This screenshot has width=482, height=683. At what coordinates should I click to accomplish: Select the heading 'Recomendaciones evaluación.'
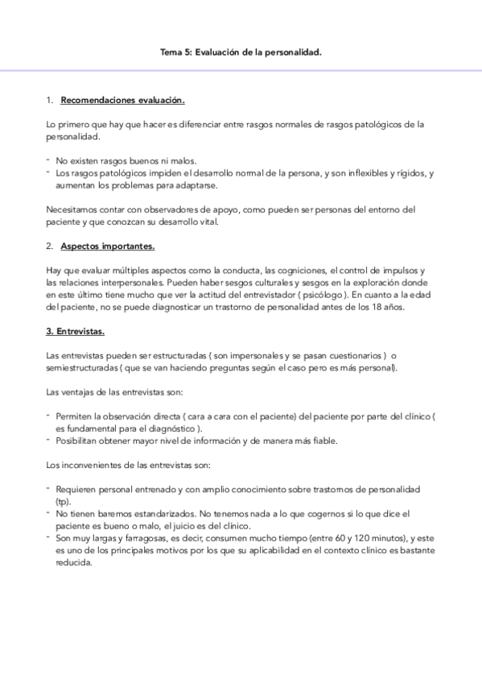[123, 101]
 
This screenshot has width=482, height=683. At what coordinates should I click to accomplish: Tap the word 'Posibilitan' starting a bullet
[79, 441]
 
